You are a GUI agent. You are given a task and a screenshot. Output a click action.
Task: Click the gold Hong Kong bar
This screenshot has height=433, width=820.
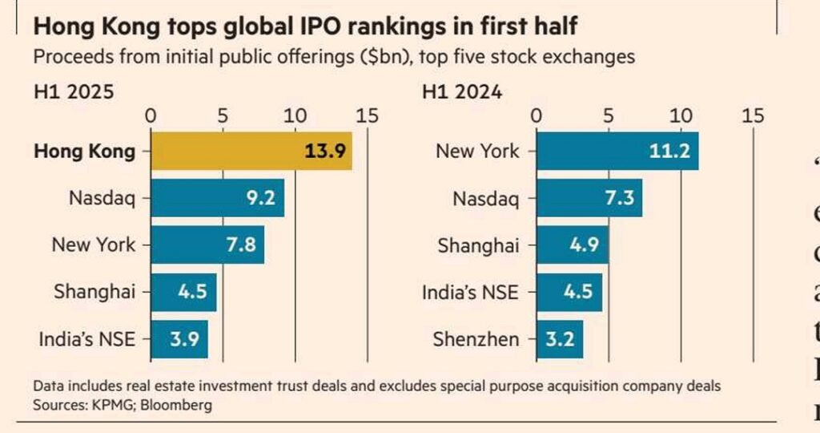click(251, 152)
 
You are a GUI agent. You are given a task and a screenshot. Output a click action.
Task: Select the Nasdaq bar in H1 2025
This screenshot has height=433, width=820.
click(217, 198)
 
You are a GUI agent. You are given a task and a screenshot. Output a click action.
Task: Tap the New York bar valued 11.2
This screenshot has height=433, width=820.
click(617, 152)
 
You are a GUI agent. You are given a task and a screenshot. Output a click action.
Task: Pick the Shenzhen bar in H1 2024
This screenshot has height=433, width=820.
click(559, 339)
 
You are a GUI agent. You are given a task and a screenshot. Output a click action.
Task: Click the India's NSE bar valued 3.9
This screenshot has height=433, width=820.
click(179, 339)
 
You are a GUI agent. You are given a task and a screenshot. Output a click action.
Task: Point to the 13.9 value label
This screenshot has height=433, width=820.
click(325, 152)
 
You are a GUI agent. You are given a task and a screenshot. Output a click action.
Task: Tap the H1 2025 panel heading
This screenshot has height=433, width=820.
click(74, 92)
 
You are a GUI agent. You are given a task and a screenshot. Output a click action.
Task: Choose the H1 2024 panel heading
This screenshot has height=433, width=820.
click(462, 92)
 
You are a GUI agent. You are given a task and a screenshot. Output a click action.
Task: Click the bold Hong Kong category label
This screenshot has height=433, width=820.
click(85, 152)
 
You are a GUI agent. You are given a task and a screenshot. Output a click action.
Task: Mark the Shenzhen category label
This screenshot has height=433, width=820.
click(476, 339)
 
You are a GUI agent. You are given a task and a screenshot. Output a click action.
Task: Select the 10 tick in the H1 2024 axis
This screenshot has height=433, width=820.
click(681, 115)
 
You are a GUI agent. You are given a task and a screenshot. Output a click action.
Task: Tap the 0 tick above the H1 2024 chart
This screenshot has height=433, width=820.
click(537, 115)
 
